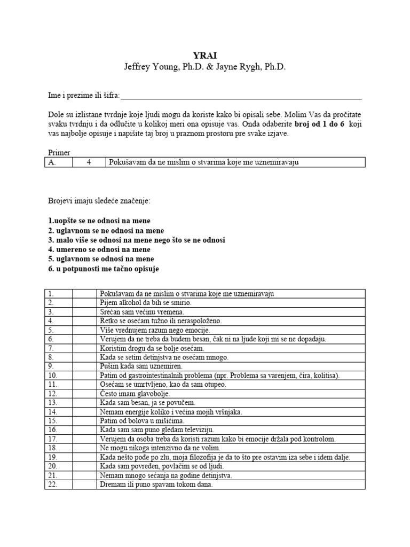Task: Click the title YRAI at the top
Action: click(204, 55)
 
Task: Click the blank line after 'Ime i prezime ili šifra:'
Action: click(241, 96)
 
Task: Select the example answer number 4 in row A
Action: click(89, 162)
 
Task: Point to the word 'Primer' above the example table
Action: click(59, 153)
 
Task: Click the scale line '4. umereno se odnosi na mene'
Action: click(99, 249)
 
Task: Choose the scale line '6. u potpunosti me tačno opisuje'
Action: click(104, 269)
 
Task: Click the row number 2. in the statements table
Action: click(51, 302)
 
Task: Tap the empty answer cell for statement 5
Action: click(84, 330)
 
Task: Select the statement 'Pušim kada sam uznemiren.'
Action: click(141, 366)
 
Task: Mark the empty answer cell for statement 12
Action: click(84, 394)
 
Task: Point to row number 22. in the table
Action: click(52, 485)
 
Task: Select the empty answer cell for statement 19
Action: click(84, 457)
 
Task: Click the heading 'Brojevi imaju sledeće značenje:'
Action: click(99, 201)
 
